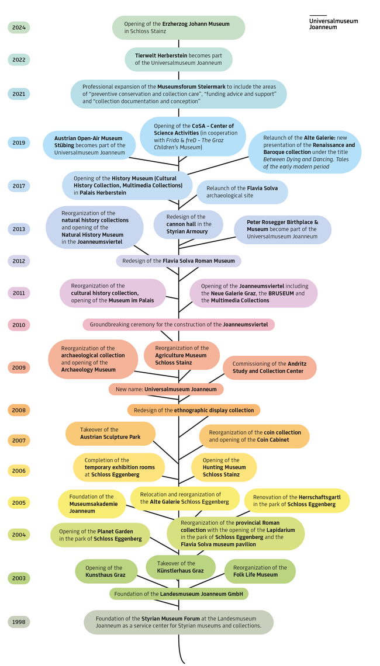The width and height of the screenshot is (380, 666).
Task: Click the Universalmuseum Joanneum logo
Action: tap(334, 23)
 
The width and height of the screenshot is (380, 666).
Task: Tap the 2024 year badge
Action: tap(19, 27)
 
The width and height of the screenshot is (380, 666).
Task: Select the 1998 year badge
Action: tap(19, 622)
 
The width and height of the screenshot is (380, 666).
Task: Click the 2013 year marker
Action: tap(19, 230)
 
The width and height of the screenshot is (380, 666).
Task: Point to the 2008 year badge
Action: tap(19, 410)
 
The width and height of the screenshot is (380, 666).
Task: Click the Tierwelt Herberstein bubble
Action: tap(178, 60)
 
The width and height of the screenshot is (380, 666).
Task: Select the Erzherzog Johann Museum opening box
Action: tap(178, 27)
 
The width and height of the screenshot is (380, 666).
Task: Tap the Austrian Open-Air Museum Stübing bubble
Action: tap(89, 145)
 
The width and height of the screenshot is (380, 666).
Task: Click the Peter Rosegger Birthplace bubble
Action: tap(283, 230)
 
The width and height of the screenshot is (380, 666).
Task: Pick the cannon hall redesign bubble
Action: tap(188, 224)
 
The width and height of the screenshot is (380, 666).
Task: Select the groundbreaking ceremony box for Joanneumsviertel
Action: tap(178, 325)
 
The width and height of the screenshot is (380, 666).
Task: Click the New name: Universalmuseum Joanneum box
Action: tap(166, 389)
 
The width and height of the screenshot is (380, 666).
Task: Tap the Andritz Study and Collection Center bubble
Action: tap(269, 367)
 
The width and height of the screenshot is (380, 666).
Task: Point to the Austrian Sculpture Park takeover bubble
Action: tap(110, 433)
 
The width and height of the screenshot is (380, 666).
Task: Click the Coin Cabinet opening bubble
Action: tap(255, 436)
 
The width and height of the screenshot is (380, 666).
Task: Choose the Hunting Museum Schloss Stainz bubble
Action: tap(224, 467)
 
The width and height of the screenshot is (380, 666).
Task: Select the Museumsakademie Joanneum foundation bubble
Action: tap(92, 504)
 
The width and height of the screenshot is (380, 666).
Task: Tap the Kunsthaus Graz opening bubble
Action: tap(106, 571)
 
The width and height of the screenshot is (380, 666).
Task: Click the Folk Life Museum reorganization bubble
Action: tap(260, 571)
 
